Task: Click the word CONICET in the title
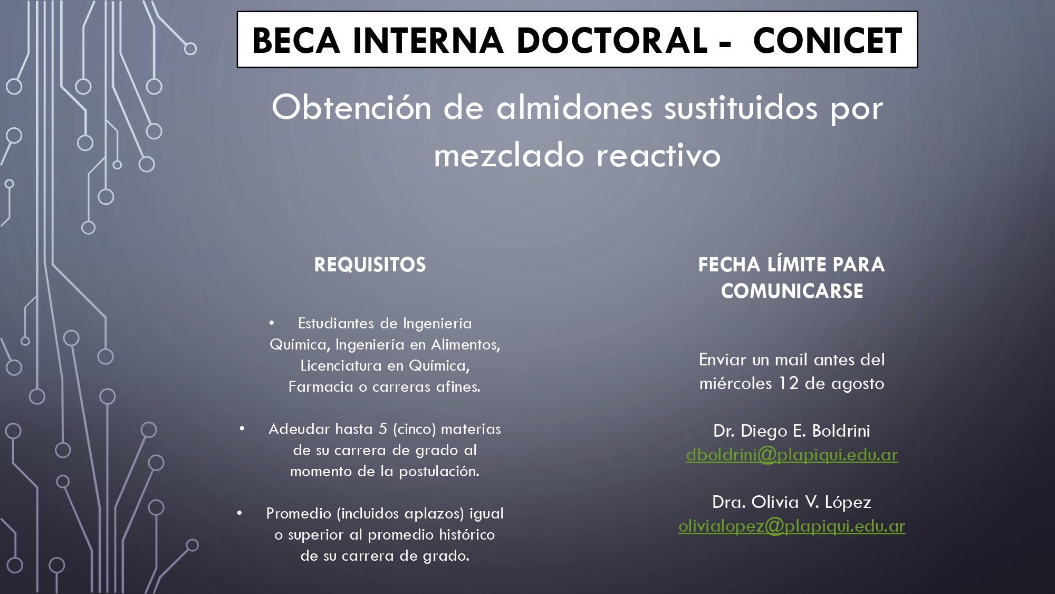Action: coord(828,41)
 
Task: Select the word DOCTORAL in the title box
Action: coord(611,41)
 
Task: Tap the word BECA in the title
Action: coord(296,41)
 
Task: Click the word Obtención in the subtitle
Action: coord(352,108)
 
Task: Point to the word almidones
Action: coord(574,108)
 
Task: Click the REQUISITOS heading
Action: coord(370,265)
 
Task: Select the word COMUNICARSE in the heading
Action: coord(792,291)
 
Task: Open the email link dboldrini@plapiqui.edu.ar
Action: coord(792,455)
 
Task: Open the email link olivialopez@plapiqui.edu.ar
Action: coord(792,526)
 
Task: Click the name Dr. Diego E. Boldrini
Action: coord(792,431)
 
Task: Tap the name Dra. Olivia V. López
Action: coord(792,502)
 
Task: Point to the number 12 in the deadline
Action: coord(789,383)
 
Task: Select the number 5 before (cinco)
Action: coord(383,429)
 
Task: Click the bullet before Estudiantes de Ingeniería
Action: coord(272,323)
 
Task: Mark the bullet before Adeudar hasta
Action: coord(242,428)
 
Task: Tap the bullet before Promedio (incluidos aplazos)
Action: coord(239,513)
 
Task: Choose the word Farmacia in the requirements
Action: coord(321,386)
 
